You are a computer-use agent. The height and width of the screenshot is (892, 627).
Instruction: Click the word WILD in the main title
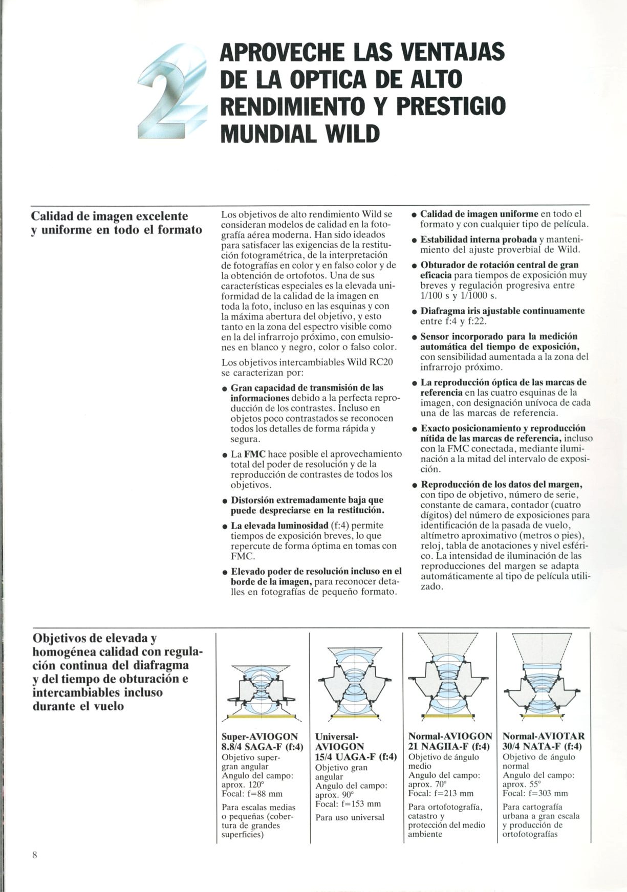tap(353, 133)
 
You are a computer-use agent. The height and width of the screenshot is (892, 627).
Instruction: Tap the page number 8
tap(35, 855)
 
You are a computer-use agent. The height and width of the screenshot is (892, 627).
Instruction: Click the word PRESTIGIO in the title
tap(451, 106)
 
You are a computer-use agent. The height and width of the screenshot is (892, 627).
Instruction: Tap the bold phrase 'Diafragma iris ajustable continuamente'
tap(502, 311)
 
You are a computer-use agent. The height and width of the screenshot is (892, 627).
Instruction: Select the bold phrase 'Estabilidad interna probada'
tap(478, 240)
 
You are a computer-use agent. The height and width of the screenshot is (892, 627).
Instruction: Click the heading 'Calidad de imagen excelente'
tap(110, 216)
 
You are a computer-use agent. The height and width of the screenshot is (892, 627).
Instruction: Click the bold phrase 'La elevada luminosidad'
tap(278, 526)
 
